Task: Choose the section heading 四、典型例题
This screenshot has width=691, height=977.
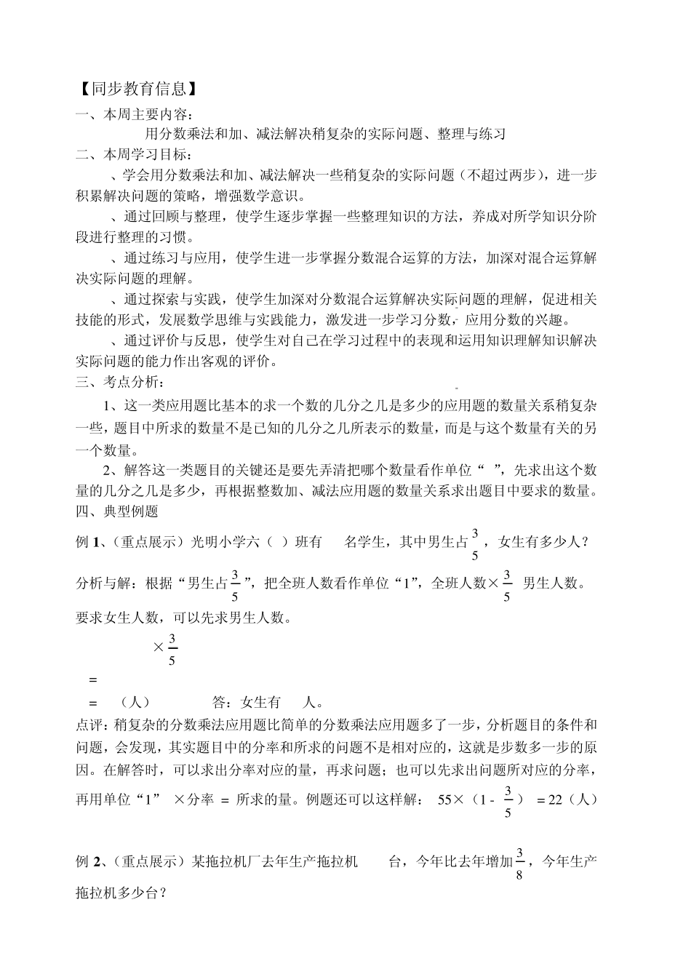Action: pyautogui.click(x=117, y=511)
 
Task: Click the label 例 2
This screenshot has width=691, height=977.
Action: pyautogui.click(x=87, y=862)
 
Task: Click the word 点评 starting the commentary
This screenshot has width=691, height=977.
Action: pyautogui.click(x=89, y=724)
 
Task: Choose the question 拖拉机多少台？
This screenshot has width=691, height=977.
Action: pyautogui.click(x=121, y=890)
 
